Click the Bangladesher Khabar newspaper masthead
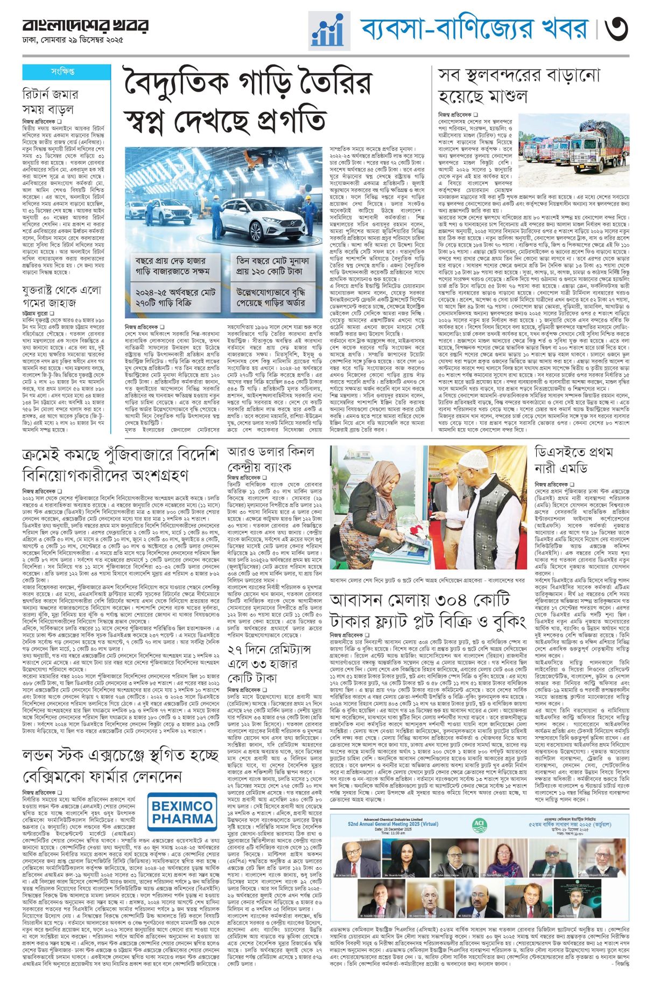[85, 25]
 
